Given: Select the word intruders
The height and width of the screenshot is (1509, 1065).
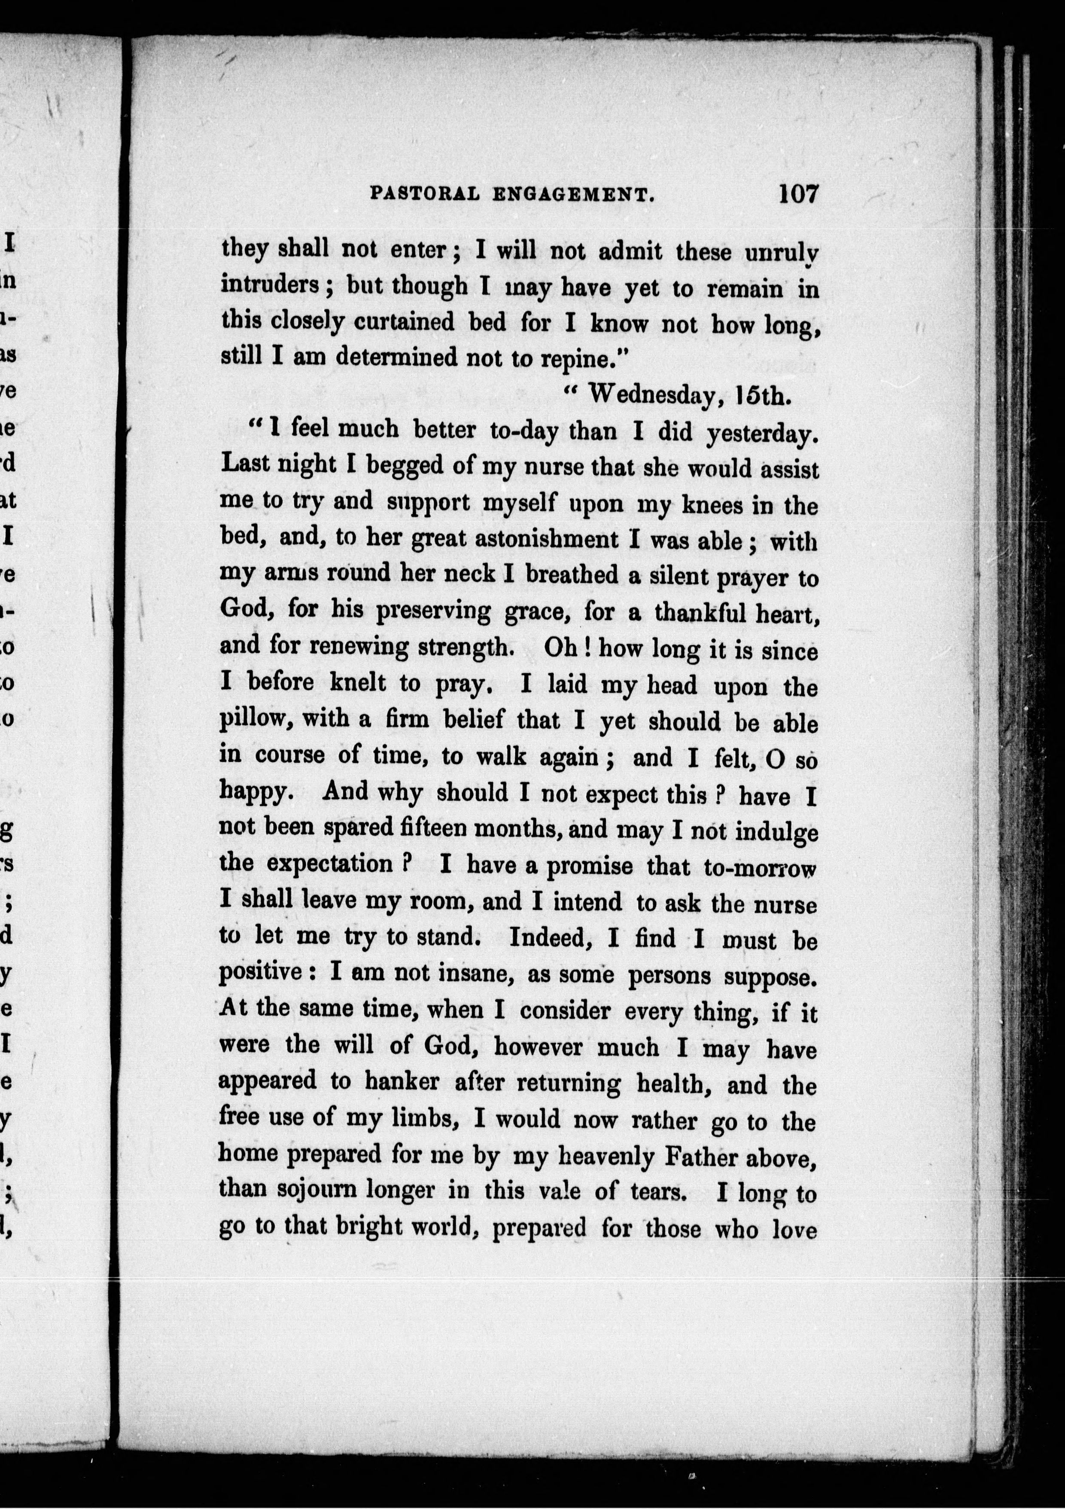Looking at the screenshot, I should click(270, 286).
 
